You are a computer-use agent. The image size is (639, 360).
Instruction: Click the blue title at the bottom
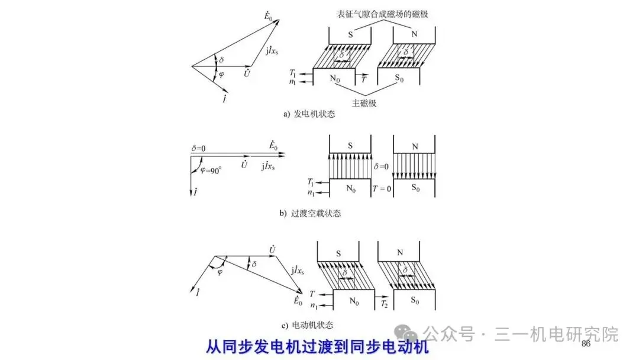317,347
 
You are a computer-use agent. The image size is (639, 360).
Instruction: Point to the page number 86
586,344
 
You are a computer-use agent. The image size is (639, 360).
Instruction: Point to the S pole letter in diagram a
350,35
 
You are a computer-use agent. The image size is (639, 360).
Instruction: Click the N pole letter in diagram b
414,145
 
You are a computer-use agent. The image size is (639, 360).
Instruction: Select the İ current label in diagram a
225,96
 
